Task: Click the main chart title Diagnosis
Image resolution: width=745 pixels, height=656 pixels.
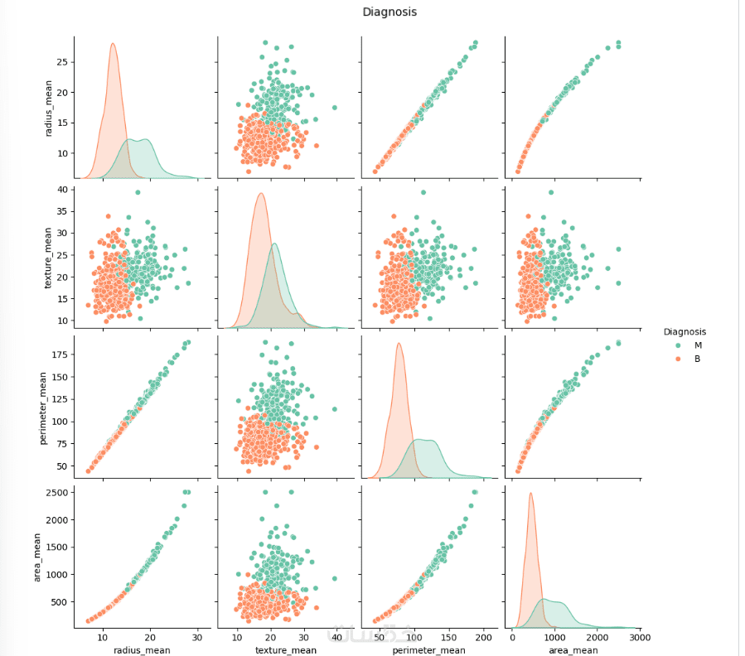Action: point(389,12)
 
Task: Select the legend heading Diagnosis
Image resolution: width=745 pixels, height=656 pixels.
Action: point(685,331)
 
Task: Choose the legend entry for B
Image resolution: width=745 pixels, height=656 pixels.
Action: point(697,359)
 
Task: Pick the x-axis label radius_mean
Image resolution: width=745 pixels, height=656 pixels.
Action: point(142,650)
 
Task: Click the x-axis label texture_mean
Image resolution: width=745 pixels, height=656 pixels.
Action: point(285,650)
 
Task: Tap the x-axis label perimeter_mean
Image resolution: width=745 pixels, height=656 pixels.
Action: point(429,650)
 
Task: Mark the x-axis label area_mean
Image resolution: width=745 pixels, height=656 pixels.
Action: point(573,650)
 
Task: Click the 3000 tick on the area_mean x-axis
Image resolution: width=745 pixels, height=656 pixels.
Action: point(638,638)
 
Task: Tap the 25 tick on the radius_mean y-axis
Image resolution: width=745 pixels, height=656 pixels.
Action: point(61,62)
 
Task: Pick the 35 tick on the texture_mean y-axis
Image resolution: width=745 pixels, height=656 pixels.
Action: point(61,211)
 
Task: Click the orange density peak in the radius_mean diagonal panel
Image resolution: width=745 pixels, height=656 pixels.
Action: point(113,45)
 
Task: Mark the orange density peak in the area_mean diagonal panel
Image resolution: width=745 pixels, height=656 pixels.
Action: point(530,494)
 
